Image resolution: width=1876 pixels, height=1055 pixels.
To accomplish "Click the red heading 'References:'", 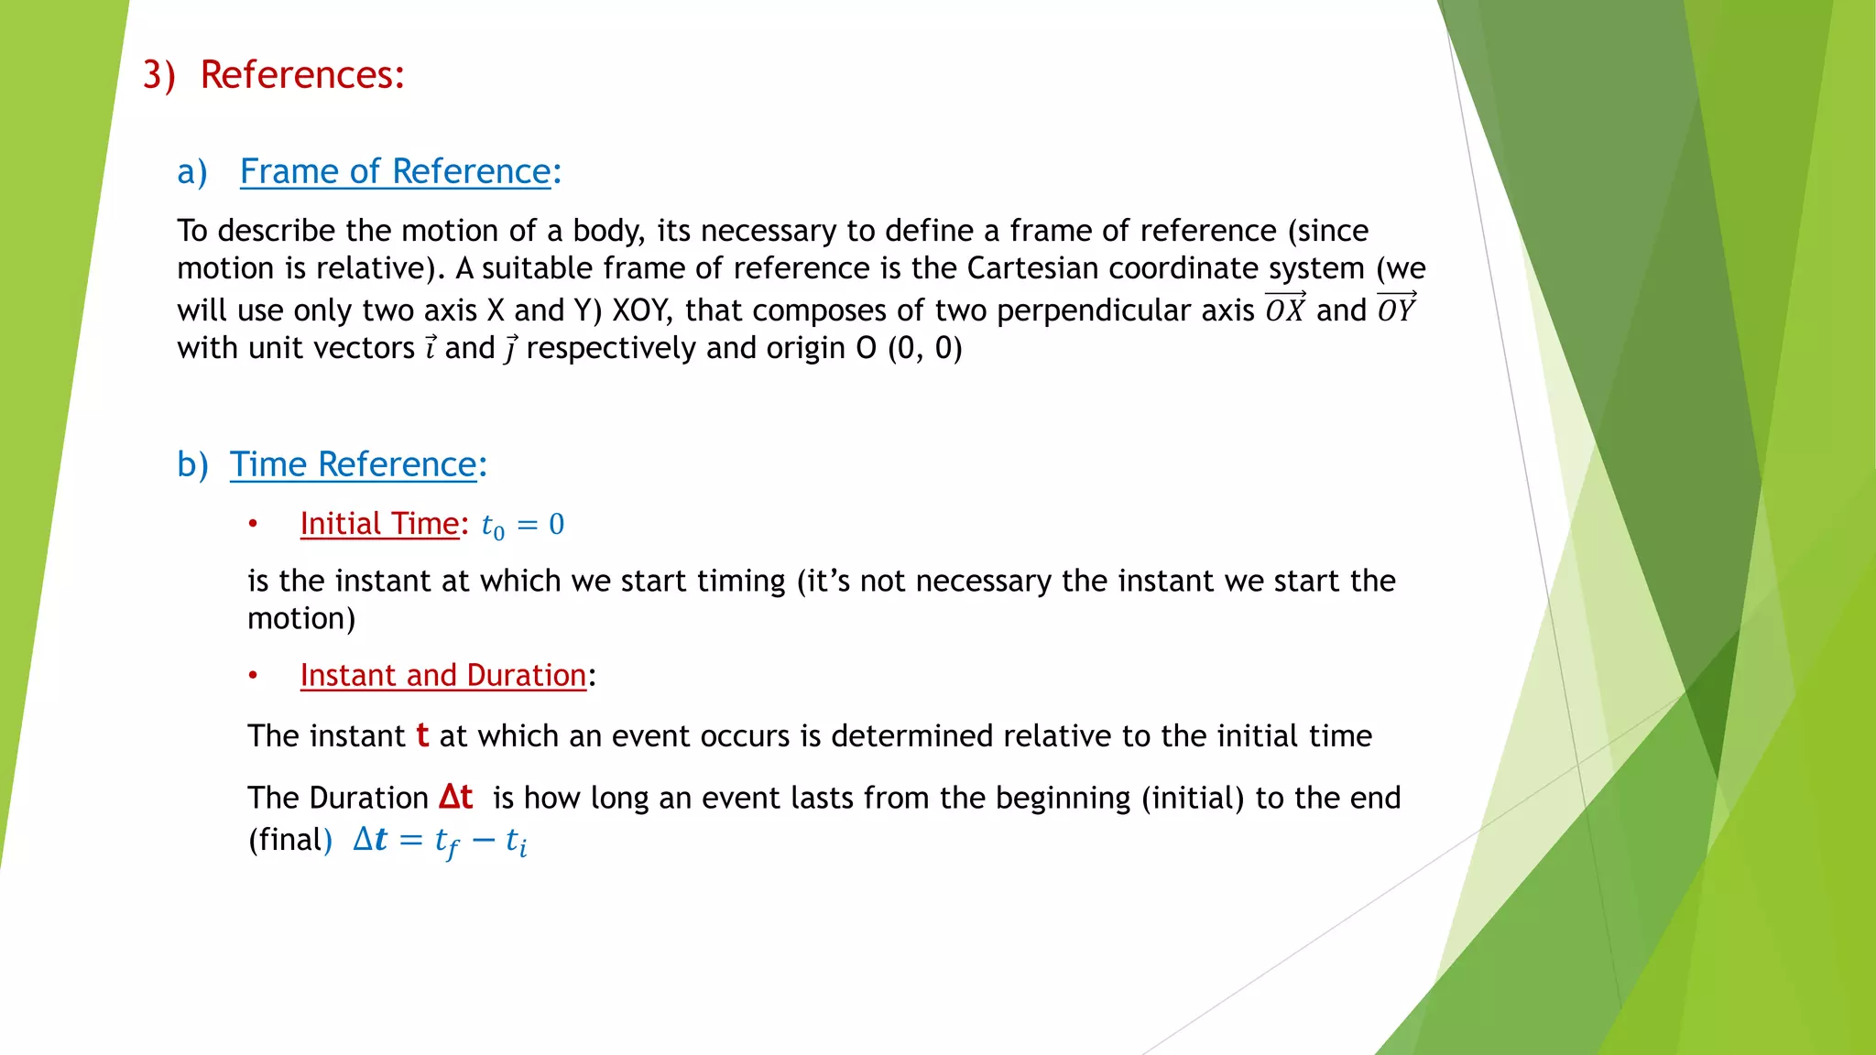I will click(x=302, y=75).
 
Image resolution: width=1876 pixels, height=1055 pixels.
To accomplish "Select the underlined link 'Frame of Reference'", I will click(x=395, y=172).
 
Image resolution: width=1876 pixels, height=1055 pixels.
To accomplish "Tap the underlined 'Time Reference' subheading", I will click(x=353, y=465).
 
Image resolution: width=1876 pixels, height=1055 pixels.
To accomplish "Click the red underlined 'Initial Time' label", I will click(x=379, y=524).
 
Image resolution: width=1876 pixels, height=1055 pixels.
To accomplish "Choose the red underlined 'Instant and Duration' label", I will click(x=442, y=676).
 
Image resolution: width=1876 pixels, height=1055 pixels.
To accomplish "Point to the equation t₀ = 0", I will click(x=523, y=526).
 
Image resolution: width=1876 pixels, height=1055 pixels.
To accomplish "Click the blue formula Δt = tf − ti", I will click(x=440, y=841).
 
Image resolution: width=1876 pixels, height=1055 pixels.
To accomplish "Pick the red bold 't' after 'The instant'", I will click(x=422, y=736).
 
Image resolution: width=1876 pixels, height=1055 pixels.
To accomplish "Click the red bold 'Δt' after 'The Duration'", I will click(x=456, y=797).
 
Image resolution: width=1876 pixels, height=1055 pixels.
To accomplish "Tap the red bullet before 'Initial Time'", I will click(x=254, y=525).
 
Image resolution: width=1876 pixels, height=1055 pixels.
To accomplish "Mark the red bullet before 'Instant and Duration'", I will click(x=254, y=676).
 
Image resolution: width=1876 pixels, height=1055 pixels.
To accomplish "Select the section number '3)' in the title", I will click(x=158, y=75).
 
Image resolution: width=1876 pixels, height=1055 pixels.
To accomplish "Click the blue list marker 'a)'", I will click(x=192, y=172).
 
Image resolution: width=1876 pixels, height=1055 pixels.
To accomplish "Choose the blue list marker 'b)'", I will click(x=192, y=465).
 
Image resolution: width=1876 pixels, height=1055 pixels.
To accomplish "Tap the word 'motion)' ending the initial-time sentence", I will click(x=301, y=619).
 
